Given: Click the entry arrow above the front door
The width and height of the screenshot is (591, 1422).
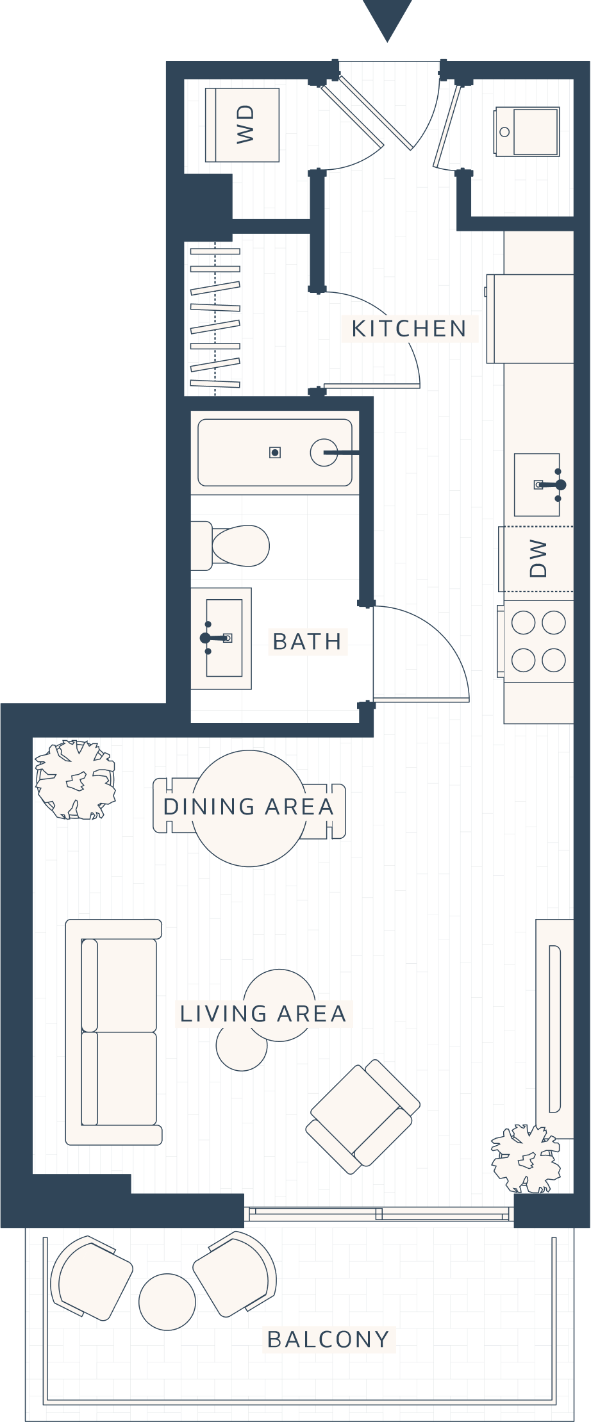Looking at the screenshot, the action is [x=387, y=18].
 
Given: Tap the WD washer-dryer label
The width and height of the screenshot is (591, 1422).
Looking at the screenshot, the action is [x=246, y=124].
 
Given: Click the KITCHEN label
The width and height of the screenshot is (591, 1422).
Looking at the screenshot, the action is [x=409, y=329].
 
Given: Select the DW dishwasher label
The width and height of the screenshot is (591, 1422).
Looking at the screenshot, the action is [x=538, y=558].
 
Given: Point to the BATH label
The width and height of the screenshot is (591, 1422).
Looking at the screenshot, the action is [x=307, y=641].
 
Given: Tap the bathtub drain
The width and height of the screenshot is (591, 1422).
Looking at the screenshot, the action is [x=275, y=453].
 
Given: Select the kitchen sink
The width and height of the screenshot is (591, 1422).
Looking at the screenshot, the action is [x=537, y=485].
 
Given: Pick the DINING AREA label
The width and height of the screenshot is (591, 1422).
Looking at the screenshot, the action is [x=249, y=807].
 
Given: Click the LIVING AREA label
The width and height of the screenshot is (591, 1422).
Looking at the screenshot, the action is [x=263, y=1014].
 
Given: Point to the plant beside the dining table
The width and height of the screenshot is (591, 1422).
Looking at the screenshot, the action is [x=76, y=779].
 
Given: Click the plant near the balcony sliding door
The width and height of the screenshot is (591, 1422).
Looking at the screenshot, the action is [x=526, y=1159].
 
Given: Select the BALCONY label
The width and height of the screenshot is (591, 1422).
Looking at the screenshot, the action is [x=328, y=1339].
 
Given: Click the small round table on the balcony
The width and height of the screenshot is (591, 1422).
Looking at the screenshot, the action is [x=167, y=1302].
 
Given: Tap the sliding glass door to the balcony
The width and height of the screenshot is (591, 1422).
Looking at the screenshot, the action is [x=379, y=1213].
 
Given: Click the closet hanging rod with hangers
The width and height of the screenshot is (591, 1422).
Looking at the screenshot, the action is [x=215, y=318].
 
